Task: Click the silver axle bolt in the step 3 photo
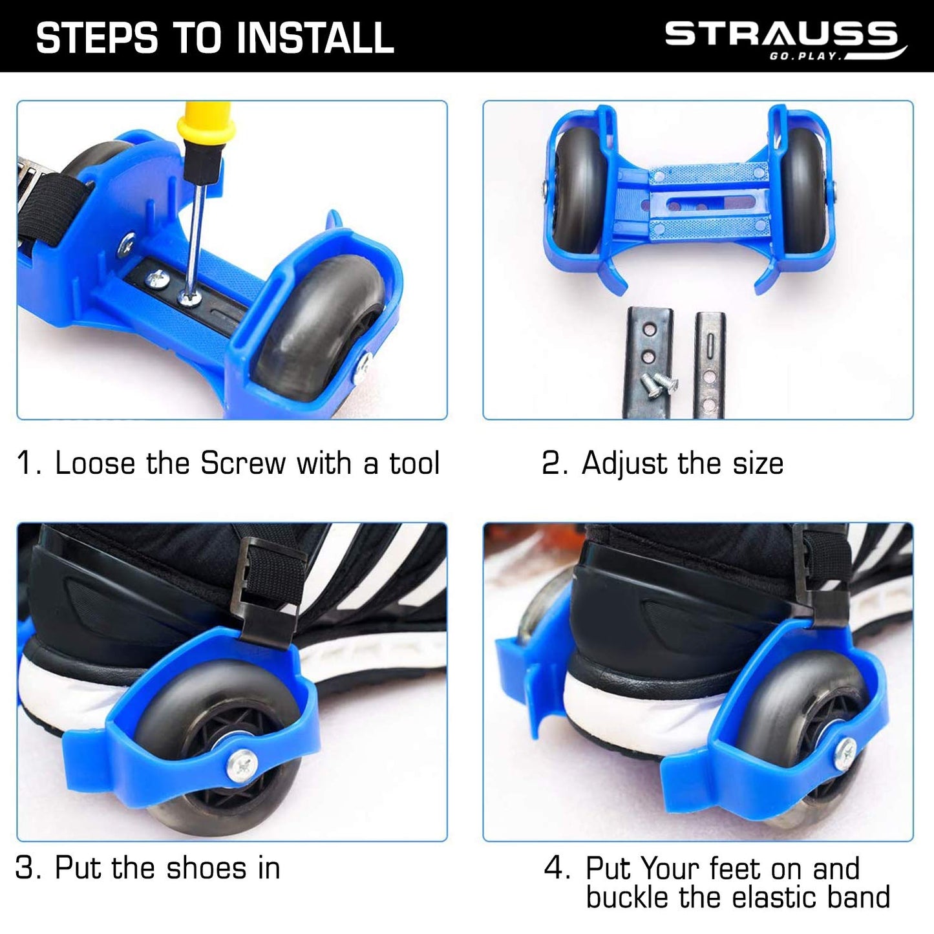(242, 767)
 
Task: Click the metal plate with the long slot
(710, 364)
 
